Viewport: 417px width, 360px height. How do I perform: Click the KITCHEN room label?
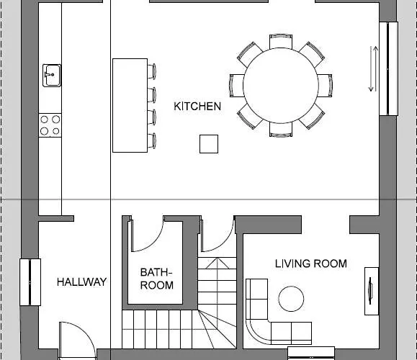point(197,107)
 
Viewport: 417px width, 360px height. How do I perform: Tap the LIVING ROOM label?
point(311,264)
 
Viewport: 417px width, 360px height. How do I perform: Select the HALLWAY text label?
point(81,282)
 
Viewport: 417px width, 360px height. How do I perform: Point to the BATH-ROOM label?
point(156,279)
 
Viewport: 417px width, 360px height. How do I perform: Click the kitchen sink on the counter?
point(52,76)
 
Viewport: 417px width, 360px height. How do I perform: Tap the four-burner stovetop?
point(50,125)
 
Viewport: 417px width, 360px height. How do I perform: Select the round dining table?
point(281,86)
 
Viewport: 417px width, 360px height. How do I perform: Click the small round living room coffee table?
point(291,299)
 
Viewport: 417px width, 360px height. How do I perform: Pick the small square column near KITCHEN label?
point(209,144)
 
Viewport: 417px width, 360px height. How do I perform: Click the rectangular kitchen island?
point(130,105)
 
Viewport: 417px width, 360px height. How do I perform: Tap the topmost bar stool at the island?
point(152,71)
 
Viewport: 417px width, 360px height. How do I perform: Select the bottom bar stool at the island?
point(152,140)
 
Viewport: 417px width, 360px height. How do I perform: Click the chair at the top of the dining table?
point(281,41)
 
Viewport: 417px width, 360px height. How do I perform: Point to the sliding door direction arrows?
point(373,69)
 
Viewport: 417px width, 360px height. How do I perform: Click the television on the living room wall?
point(370,290)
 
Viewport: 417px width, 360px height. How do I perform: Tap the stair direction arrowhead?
point(218,263)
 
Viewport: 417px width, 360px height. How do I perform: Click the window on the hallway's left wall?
point(30,282)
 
